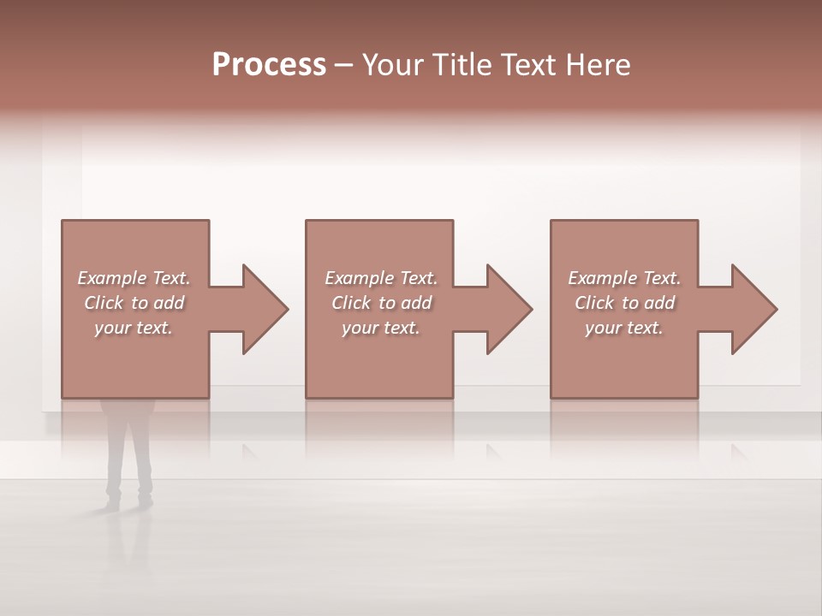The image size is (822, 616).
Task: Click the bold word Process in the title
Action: pos(269,65)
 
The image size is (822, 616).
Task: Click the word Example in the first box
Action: pos(111,278)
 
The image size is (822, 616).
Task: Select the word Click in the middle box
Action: pos(349,303)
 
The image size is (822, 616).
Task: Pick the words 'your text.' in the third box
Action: pos(624,328)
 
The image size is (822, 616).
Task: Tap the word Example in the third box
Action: pos(602,278)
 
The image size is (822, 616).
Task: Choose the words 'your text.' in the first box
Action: pos(134,328)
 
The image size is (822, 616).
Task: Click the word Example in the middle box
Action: pos(359,278)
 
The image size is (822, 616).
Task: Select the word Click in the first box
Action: pos(102,303)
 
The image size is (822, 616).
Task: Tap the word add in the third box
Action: pos(659,303)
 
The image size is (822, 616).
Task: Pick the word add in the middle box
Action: pos(416,303)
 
